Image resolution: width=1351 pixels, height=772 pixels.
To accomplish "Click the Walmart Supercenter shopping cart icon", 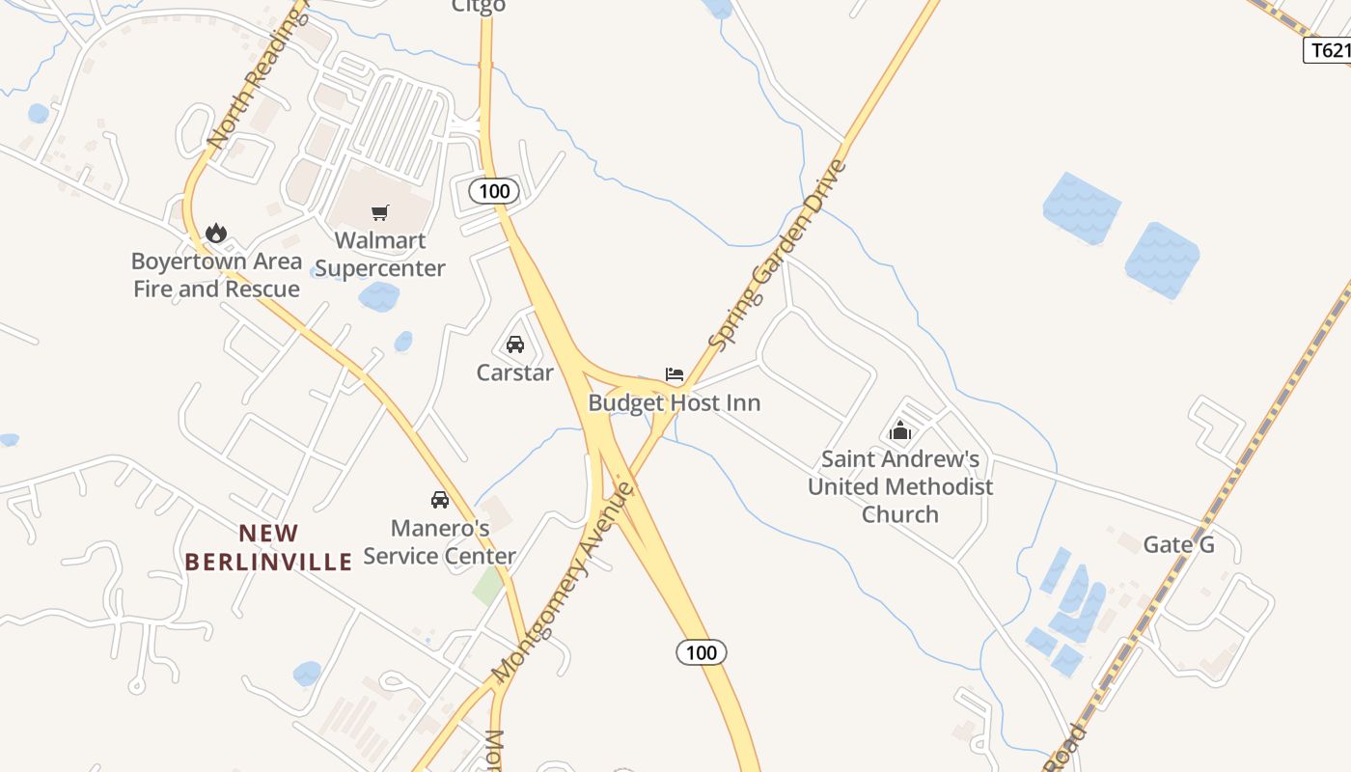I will [380, 212].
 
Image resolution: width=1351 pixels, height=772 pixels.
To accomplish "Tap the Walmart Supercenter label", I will [380, 254].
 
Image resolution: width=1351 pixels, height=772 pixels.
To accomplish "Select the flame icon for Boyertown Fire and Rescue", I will [216, 233].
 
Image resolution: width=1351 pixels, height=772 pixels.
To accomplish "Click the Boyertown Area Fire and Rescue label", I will [216, 275].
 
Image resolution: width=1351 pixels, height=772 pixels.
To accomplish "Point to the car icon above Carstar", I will [515, 345].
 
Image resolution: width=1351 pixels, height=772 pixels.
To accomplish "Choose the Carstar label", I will [515, 372].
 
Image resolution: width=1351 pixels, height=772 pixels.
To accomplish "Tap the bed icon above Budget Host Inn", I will [675, 374].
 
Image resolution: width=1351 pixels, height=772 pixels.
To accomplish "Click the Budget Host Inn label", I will [675, 402].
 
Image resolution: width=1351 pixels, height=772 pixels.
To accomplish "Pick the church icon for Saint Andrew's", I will [900, 430].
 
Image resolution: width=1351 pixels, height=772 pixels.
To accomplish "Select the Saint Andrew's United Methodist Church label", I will [900, 486].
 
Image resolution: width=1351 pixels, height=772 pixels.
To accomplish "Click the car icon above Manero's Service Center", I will [440, 499].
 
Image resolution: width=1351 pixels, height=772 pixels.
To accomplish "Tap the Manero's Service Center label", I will [440, 542].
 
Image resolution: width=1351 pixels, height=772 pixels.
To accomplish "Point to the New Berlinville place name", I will [269, 547].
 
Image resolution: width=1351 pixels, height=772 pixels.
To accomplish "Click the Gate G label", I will [1178, 544].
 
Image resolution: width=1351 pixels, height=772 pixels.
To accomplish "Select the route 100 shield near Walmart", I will [494, 191].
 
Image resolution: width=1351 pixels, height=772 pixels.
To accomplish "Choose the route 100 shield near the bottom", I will [701, 652].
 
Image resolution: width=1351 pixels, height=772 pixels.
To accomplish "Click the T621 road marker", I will [1328, 50].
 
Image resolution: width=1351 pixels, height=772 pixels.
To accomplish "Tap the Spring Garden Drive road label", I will [777, 255].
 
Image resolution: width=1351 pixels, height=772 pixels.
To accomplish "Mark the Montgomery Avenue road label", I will [564, 581].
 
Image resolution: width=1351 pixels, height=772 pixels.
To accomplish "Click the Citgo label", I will [479, 7].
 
